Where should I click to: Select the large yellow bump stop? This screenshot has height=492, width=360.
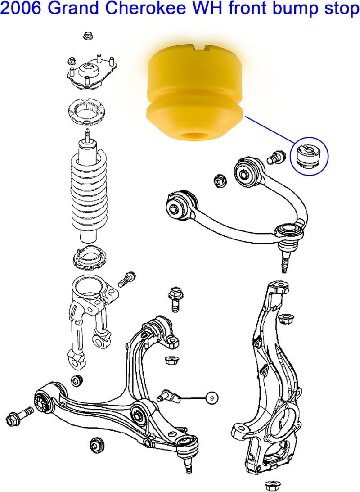[x=196, y=90]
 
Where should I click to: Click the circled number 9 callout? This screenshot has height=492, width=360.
[x=212, y=397]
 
